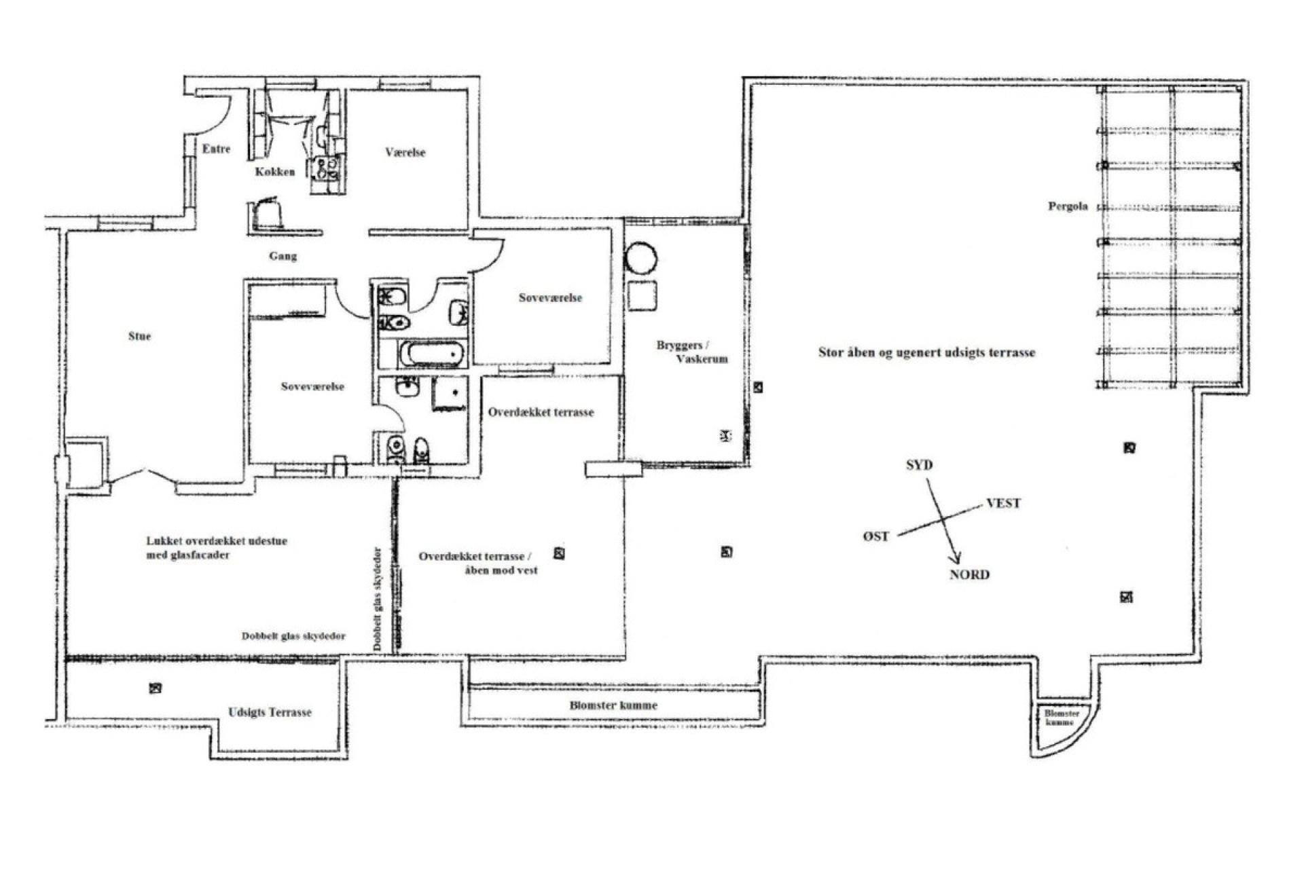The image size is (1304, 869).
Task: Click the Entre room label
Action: pyautogui.click(x=217, y=149)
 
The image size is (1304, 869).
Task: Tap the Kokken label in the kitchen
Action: pyautogui.click(x=275, y=172)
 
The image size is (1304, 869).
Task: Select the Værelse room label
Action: pyautogui.click(x=405, y=153)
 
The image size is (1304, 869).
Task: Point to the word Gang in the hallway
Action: pyautogui.click(x=283, y=256)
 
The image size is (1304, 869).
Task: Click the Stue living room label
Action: pyautogui.click(x=139, y=336)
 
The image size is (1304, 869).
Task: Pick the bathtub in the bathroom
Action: pyautogui.click(x=432, y=354)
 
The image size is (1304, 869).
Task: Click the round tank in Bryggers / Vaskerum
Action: pyautogui.click(x=641, y=259)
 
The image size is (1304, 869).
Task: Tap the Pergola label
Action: pyautogui.click(x=1068, y=206)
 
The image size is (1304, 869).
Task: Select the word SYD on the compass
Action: pyautogui.click(x=919, y=465)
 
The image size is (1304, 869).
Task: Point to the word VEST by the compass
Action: pyautogui.click(x=1003, y=503)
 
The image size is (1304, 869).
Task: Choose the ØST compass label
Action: pyautogui.click(x=876, y=536)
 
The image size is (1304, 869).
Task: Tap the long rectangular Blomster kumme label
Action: pyautogui.click(x=613, y=705)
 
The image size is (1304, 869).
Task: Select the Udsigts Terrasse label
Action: pyautogui.click(x=270, y=712)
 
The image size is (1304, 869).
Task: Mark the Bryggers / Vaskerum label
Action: pyautogui.click(x=691, y=352)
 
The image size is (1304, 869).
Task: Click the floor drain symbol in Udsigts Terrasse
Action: pyautogui.click(x=156, y=688)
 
